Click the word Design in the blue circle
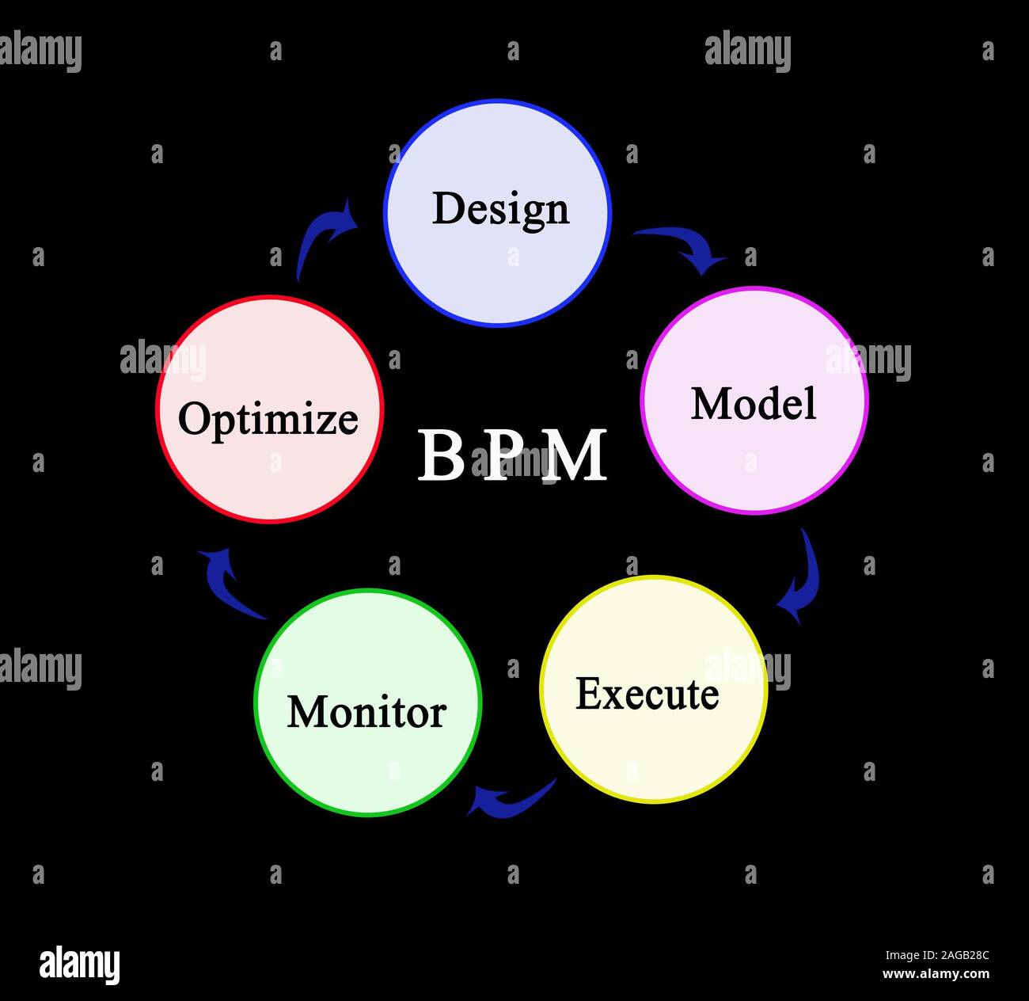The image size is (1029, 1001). [500, 209]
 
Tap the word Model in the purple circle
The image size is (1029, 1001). [754, 403]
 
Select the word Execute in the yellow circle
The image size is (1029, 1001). [647, 694]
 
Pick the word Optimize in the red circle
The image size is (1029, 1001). [268, 418]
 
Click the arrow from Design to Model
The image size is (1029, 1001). [682, 247]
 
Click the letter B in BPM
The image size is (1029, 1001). [441, 456]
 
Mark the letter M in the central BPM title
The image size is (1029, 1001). [577, 456]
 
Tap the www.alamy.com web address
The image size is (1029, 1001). [936, 975]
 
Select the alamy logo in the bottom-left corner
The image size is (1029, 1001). [79, 965]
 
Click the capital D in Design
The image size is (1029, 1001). [447, 208]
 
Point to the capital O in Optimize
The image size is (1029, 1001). [194, 418]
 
